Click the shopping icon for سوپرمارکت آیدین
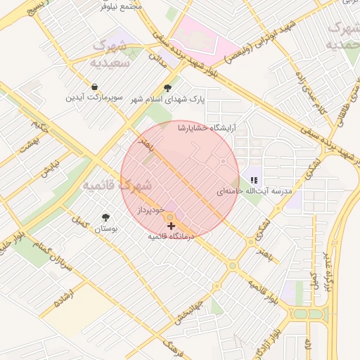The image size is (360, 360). coord(94,87)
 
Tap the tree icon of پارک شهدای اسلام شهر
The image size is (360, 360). coord(167,88)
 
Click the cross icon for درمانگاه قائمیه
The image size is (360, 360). coord(172,226)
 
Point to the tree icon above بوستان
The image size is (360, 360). coord(105,217)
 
